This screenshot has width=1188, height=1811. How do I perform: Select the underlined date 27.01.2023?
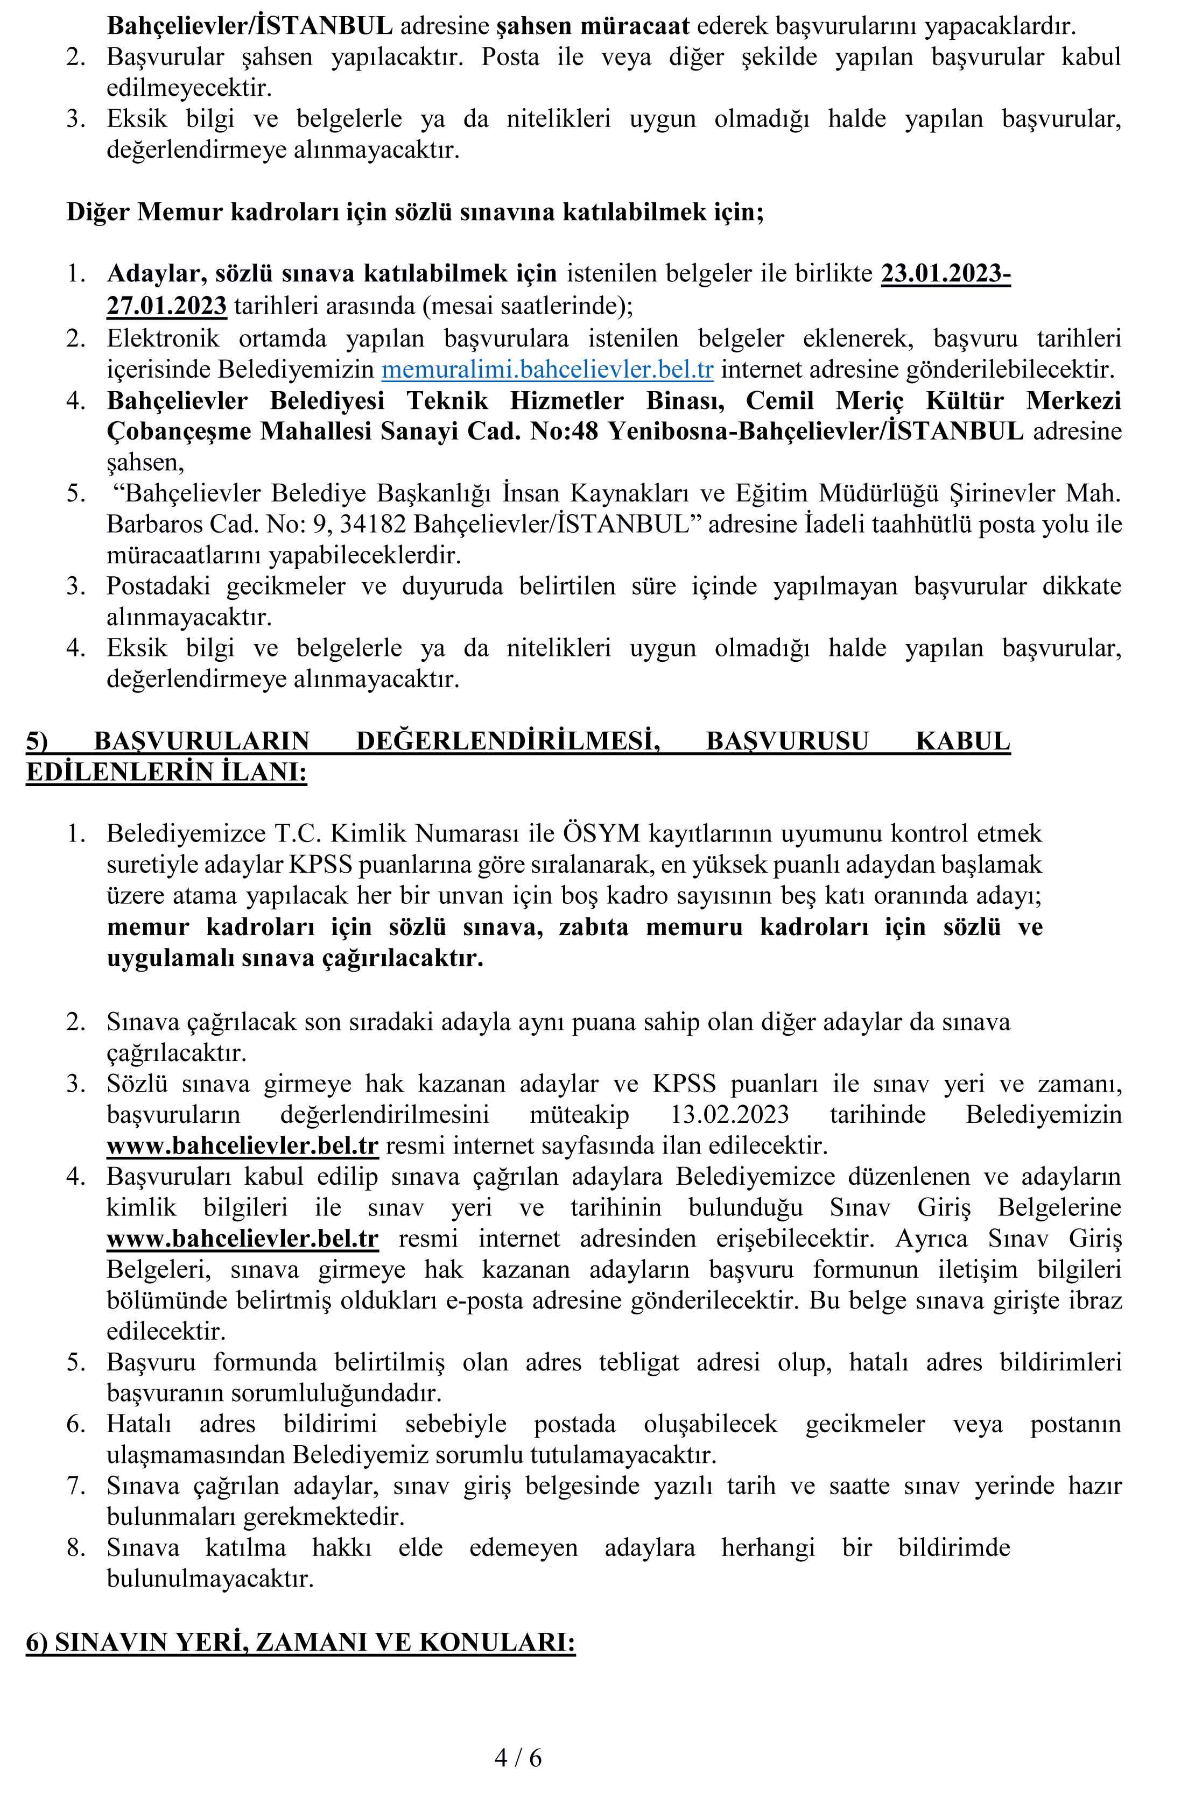167,306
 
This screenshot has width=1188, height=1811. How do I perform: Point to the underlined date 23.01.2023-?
945,274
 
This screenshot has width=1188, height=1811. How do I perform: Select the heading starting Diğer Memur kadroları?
415,211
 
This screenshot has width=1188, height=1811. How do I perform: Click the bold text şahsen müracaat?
592,26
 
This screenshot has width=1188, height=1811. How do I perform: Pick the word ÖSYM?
601,834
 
